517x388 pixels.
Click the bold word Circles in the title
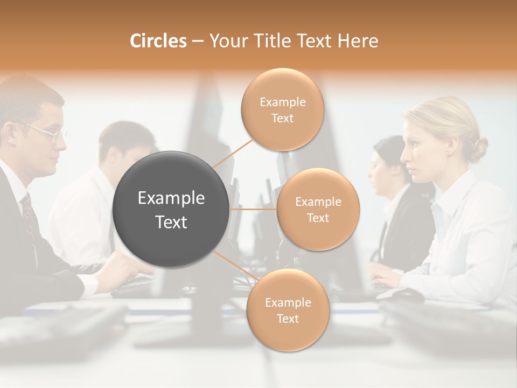tap(158, 41)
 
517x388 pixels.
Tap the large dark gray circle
tap(171, 209)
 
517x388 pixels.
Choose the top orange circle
tap(282, 110)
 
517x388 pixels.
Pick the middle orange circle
tap(318, 209)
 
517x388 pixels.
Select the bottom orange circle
tap(287, 310)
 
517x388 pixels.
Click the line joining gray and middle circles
tap(253, 209)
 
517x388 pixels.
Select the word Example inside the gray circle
tap(171, 198)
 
